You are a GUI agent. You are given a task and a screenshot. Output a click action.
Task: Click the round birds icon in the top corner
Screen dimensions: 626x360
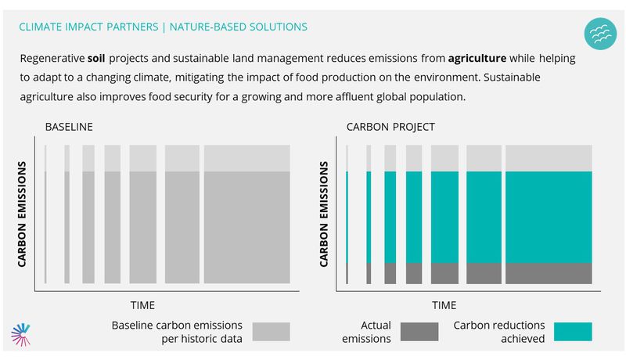[600, 34]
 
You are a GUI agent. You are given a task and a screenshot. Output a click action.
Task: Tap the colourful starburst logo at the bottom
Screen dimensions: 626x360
[21, 334]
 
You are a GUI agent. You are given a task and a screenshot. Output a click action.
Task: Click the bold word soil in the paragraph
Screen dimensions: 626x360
[96, 58]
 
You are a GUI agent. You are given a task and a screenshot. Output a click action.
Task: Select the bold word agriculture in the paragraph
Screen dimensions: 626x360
[477, 59]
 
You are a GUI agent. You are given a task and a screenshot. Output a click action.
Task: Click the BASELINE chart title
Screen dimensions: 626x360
[69, 127]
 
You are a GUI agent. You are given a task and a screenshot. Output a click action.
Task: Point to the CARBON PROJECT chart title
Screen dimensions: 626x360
[390, 127]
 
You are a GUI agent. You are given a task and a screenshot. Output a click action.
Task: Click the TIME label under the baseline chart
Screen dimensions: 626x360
[142, 305]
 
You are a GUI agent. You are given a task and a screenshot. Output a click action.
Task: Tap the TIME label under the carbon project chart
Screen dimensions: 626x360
[444, 305]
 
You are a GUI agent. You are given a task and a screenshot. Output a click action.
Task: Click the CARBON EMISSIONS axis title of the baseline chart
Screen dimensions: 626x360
[22, 214]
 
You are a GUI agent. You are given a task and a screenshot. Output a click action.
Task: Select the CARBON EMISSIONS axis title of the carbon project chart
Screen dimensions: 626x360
[324, 214]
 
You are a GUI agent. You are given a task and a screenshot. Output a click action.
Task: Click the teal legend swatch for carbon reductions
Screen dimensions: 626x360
[573, 332]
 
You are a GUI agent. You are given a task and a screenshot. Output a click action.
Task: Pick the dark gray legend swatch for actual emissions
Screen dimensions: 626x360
[419, 332]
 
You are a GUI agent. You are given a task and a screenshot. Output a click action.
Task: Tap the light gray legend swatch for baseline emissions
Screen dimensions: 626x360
[271, 332]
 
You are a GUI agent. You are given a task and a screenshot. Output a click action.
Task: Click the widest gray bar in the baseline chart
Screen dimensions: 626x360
[247, 214]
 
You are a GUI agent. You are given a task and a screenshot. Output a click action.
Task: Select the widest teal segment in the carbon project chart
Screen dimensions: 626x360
[549, 217]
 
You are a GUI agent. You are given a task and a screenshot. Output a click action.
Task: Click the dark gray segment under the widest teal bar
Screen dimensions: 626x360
[549, 273]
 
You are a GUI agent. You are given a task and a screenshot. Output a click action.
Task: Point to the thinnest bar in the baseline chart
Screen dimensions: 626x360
[45, 214]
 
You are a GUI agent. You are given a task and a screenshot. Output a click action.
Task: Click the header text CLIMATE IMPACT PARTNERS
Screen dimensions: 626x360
[88, 27]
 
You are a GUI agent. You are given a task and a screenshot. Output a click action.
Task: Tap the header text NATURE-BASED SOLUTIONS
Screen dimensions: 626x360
[239, 27]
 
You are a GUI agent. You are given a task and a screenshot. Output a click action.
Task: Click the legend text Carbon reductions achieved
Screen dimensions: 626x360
[499, 332]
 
